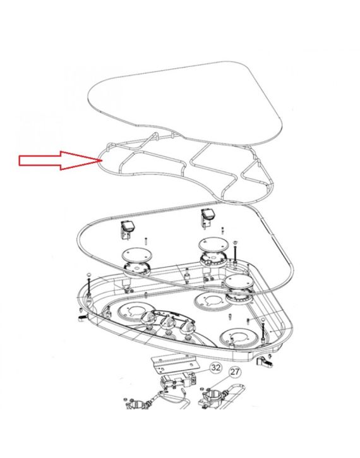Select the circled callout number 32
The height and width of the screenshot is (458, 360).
[216, 367]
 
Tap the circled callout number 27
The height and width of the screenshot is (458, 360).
[234, 372]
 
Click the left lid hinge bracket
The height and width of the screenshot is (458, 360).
[127, 231]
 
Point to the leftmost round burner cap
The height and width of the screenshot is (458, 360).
[137, 254]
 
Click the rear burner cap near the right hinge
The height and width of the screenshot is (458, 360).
[213, 244]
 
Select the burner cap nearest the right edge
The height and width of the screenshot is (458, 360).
[239, 282]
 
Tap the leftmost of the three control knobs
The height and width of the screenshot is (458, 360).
[149, 317]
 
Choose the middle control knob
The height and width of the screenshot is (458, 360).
[168, 323]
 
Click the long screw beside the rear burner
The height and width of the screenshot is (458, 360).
[235, 252]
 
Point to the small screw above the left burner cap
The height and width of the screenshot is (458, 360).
[145, 242]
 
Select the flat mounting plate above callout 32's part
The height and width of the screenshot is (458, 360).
[174, 364]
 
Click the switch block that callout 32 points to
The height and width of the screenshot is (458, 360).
[178, 381]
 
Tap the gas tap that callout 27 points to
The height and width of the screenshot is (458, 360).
[212, 397]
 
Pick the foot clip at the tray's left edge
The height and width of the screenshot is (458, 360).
[82, 318]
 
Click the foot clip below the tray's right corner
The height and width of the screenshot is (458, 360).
[264, 362]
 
